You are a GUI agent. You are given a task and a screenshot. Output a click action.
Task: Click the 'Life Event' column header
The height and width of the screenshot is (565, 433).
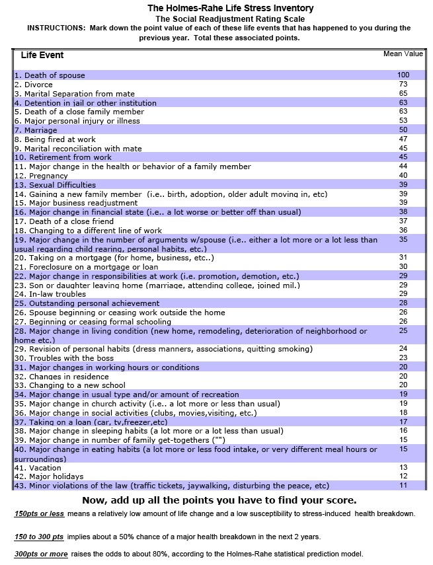pos(42,55)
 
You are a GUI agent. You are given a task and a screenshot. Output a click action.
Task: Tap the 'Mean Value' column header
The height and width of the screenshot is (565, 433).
pos(403,54)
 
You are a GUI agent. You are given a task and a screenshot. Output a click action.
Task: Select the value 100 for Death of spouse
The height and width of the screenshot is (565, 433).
pos(403,75)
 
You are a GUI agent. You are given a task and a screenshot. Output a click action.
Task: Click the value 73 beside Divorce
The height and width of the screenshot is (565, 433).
pos(403,85)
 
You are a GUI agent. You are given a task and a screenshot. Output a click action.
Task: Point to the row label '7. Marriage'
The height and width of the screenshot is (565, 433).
pos(36,130)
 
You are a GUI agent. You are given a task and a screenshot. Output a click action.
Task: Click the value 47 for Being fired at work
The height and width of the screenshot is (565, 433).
pos(403,139)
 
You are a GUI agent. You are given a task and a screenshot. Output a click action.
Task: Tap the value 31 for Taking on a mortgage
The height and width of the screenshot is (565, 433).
pos(403,257)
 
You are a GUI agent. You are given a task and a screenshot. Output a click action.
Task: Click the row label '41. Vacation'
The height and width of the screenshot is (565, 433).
pos(36,467)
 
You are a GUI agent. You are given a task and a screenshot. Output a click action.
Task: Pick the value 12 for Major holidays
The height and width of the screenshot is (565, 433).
pos(403,476)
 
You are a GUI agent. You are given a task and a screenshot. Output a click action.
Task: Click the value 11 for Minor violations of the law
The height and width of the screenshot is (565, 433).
pos(403,486)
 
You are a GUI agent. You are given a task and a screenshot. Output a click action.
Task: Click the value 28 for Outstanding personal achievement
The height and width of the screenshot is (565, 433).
pos(403,303)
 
